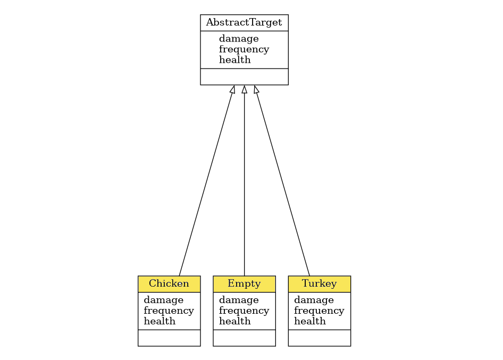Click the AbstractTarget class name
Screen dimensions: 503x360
coord(244,22)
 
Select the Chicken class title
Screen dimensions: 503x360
coord(169,283)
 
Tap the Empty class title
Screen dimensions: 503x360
coord(244,283)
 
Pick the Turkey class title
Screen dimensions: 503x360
coord(319,283)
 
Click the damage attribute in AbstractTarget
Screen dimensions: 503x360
coord(239,38)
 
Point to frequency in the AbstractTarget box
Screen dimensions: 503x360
coord(244,49)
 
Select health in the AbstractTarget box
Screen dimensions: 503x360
coord(234,60)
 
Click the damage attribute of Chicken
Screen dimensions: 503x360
coord(164,300)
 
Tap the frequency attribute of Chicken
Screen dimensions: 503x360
coord(169,311)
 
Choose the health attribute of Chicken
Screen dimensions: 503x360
coord(160,321)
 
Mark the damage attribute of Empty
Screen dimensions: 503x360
coord(239,300)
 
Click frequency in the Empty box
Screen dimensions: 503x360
coord(244,311)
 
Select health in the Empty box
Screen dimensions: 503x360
coord(234,321)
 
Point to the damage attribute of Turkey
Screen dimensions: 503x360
coord(314,300)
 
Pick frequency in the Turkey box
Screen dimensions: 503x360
coord(319,311)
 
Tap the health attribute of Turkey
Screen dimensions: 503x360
coord(309,321)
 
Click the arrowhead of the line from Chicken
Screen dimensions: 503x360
coord(233,89)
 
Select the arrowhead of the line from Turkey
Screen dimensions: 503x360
coord(256,89)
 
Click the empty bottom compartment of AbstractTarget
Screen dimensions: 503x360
coord(244,77)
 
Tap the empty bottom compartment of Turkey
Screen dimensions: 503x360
coord(319,338)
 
